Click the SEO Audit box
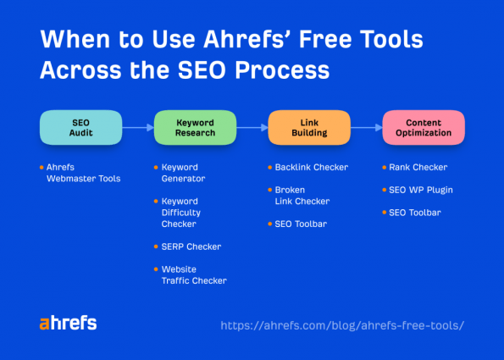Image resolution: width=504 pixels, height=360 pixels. tap(80, 128)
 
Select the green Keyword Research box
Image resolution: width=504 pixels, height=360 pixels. tap(195, 128)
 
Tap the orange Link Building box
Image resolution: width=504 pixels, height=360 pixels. tap(309, 128)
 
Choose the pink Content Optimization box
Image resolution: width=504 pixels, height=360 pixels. tap(424, 128)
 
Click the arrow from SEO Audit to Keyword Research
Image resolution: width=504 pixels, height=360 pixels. tap(137, 128)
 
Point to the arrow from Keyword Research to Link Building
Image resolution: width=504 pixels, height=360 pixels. tap(252, 128)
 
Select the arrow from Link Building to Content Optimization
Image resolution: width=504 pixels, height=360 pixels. tap(366, 128)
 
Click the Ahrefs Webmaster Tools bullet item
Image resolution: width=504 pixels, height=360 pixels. tap(83, 173)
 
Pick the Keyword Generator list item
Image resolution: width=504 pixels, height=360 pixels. tap(183, 173)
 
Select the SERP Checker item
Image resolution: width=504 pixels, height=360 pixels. tap(191, 246)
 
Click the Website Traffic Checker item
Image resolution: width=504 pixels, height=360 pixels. tap(193, 274)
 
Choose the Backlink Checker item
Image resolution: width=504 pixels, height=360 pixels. tap(311, 168)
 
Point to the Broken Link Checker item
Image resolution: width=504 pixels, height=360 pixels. tap(302, 196)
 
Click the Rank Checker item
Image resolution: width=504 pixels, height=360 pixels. tap(418, 168)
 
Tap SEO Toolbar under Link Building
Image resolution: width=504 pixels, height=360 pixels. tap(300, 224)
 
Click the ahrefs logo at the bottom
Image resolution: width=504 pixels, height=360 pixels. tap(68, 323)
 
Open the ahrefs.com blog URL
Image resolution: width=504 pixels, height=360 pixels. tap(342, 325)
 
